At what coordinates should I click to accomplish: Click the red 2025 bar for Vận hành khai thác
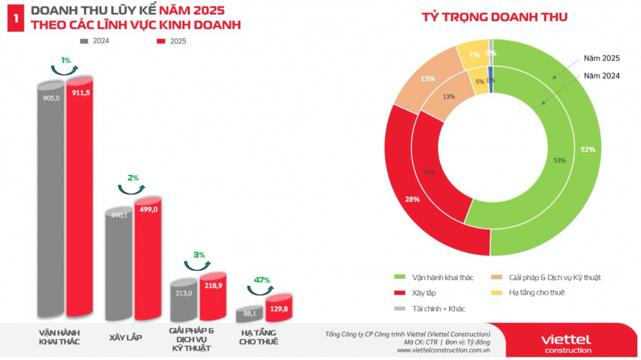tap(79, 199)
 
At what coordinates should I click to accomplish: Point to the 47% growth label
tap(262, 280)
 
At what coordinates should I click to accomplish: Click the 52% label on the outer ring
tap(588, 149)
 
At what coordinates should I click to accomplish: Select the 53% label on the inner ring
tap(559, 160)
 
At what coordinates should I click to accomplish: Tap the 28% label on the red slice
tap(412, 199)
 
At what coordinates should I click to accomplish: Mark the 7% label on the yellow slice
tap(474, 55)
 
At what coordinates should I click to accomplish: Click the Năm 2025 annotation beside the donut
tap(601, 58)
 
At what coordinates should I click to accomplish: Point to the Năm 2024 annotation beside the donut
tap(601, 75)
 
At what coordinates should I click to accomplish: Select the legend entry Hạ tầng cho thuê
tap(537, 293)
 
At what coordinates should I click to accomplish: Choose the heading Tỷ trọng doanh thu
tap(494, 17)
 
